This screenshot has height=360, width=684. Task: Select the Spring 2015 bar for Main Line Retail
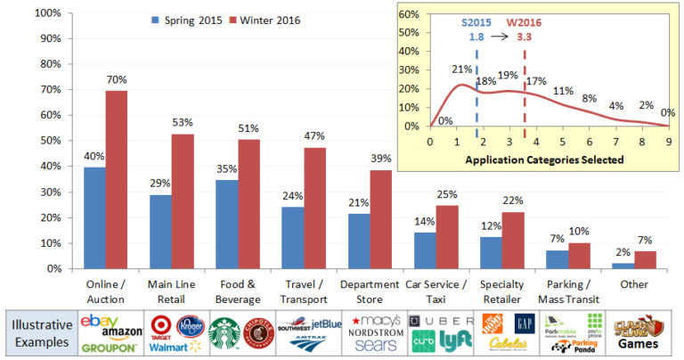coord(161,231)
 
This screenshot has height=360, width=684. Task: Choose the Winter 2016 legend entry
coord(266,20)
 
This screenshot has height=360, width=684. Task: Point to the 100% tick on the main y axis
coord(47,13)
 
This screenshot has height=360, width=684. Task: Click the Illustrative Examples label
coord(41,333)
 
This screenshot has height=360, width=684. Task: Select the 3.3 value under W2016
coord(525,37)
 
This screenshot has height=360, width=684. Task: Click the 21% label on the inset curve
coord(461,70)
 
